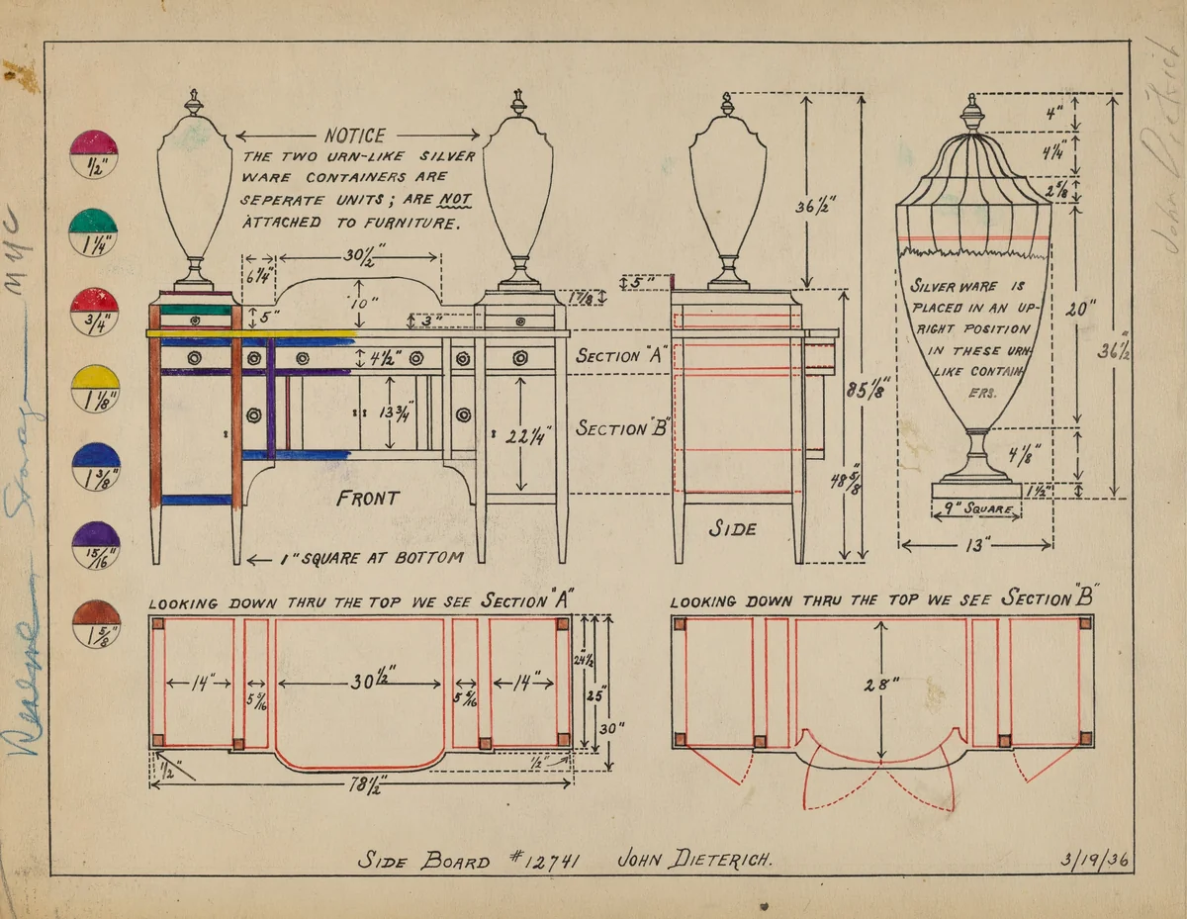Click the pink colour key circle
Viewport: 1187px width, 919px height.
94,154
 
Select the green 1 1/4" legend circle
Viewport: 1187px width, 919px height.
94,232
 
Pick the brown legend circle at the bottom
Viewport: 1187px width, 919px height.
96,624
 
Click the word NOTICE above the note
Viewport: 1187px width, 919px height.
354,137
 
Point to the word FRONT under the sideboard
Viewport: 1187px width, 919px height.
368,499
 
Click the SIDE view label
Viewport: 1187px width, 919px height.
732,529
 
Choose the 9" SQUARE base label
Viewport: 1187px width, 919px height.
976,510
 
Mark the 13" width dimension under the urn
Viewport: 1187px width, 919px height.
974,544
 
